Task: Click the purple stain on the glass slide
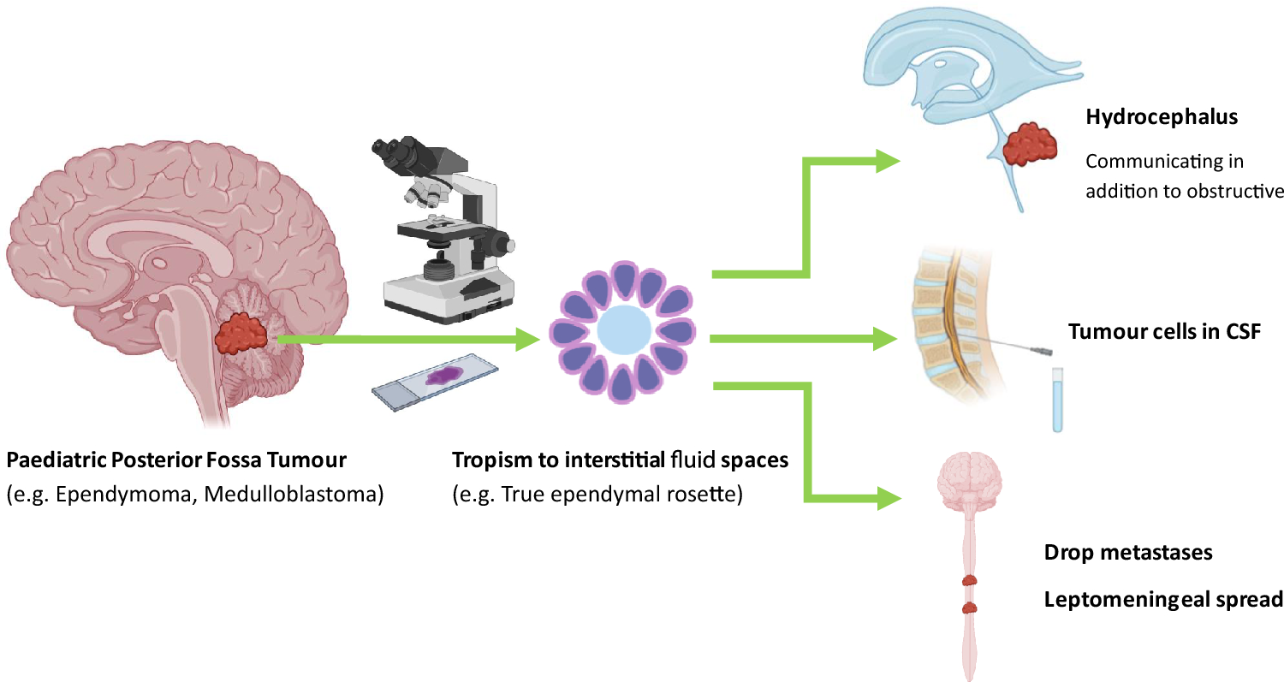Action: (x=445, y=374)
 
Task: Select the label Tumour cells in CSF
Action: (x=1164, y=332)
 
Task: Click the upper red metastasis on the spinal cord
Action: (x=970, y=580)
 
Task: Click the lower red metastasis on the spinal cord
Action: (x=970, y=608)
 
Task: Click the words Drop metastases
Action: (x=1127, y=553)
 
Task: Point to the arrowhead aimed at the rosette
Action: (x=528, y=341)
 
